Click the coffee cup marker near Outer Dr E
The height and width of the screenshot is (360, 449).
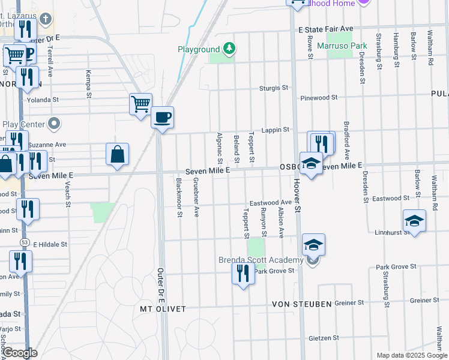[161, 117]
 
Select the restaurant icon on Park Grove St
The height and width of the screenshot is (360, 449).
[243, 274]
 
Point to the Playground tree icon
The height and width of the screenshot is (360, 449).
[228, 47]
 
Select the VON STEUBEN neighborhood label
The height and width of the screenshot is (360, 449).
[302, 304]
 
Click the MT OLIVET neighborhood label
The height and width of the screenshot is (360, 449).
[163, 308]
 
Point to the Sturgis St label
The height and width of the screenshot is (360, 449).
[274, 88]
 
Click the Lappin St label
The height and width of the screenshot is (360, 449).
[277, 130]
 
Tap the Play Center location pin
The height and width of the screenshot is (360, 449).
[55, 124]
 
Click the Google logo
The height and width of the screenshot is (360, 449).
[20, 353]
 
